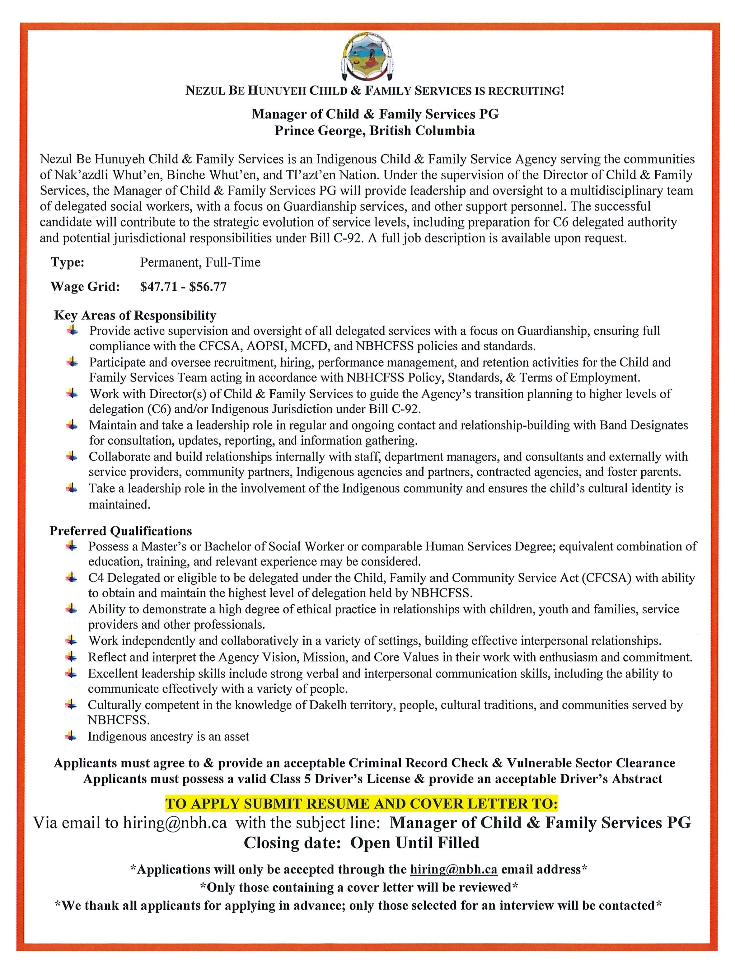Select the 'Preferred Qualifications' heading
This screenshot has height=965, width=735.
pyautogui.click(x=120, y=531)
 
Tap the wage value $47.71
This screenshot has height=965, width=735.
pyautogui.click(x=159, y=287)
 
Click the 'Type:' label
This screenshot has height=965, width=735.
pyautogui.click(x=68, y=262)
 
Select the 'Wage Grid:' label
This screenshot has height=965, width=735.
pyautogui.click(x=85, y=287)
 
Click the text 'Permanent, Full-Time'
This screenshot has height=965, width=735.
pyautogui.click(x=200, y=262)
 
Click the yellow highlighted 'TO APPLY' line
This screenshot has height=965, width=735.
pyautogui.click(x=361, y=804)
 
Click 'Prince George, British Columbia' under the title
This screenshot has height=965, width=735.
pyautogui.click(x=374, y=131)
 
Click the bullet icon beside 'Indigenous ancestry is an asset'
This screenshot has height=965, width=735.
pyautogui.click(x=71, y=736)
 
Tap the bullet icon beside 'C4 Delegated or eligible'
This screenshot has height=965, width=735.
pyautogui.click(x=71, y=578)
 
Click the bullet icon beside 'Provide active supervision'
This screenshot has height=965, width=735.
pyautogui.click(x=72, y=331)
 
